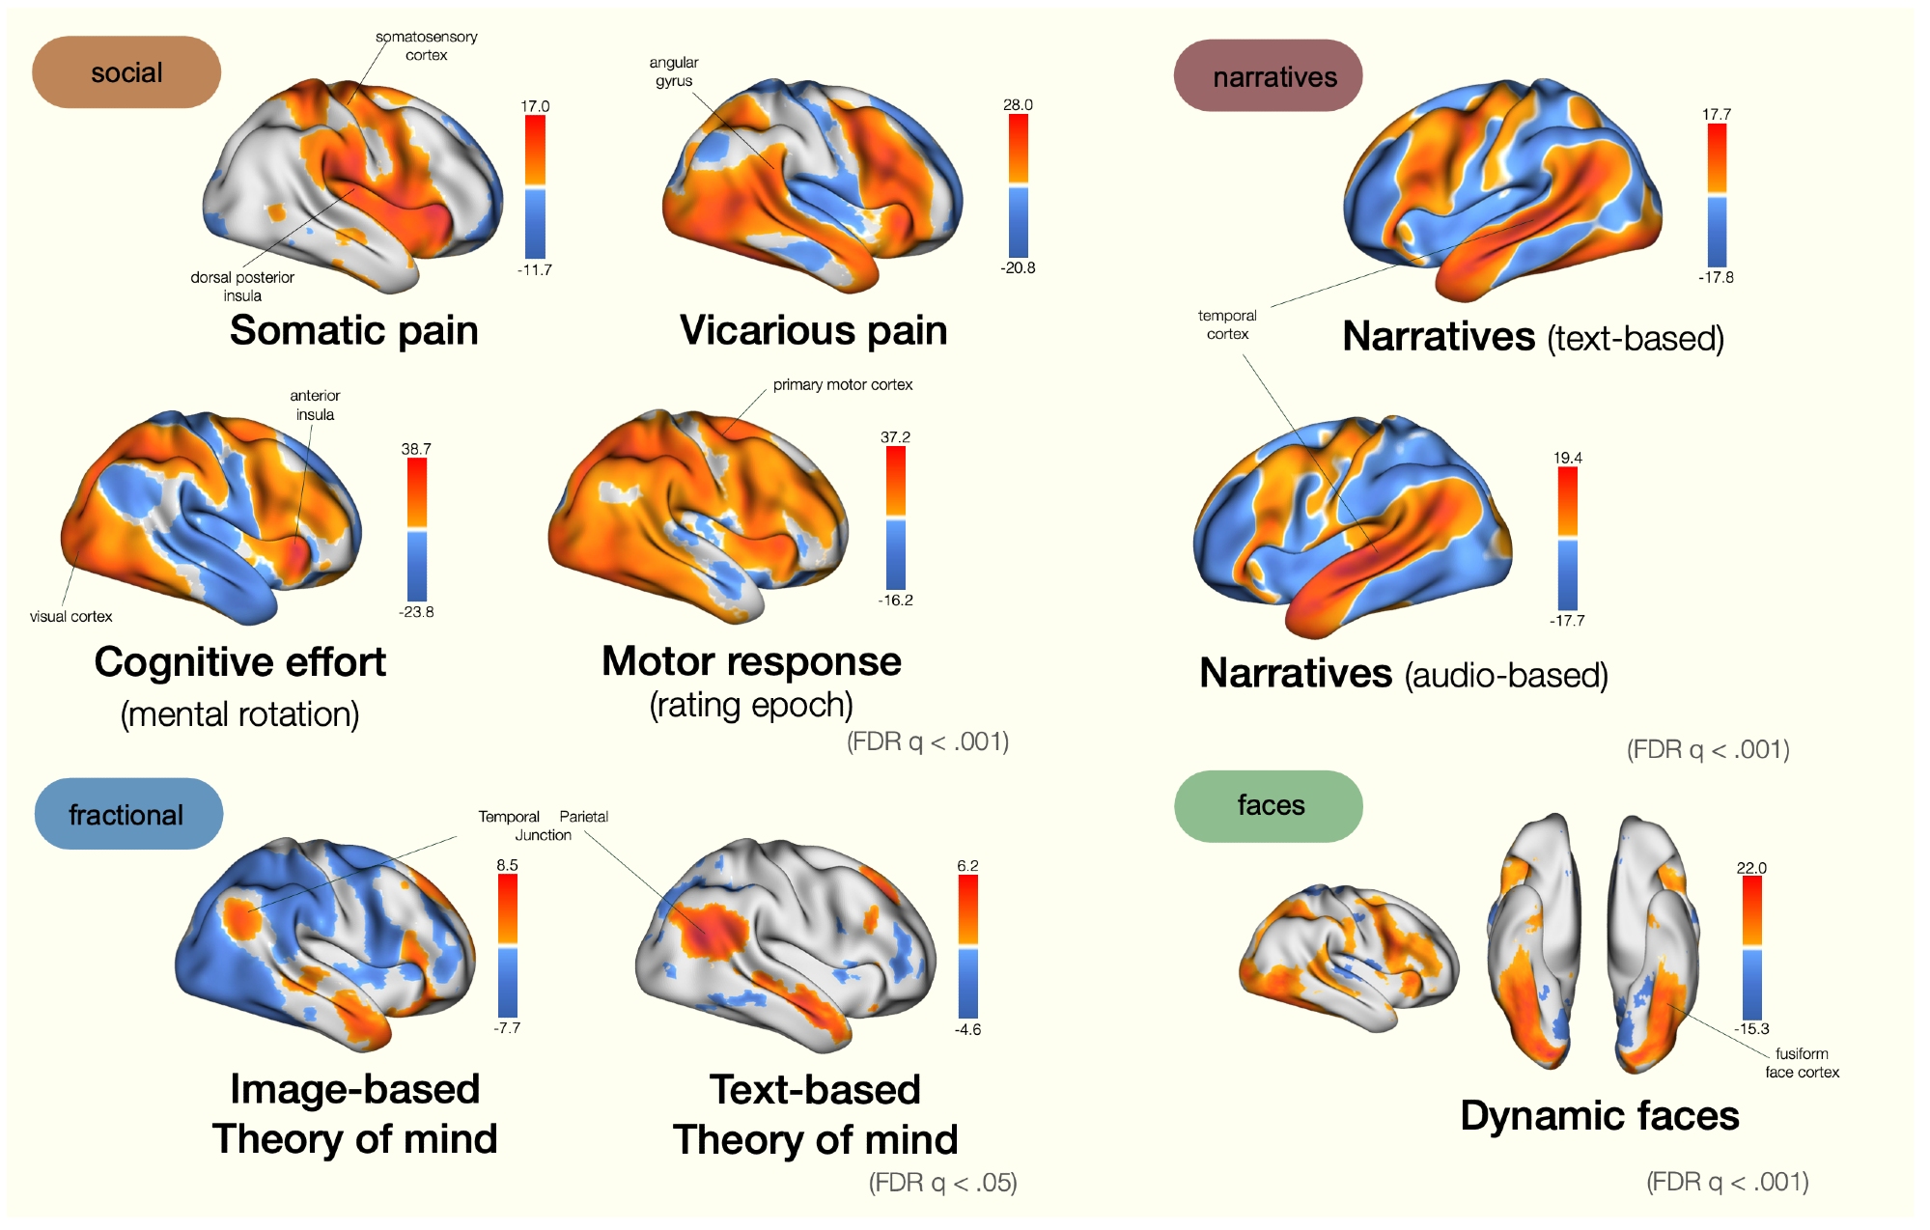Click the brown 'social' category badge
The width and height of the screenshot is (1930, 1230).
tap(126, 72)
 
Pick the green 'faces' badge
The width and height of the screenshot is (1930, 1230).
tap(1269, 805)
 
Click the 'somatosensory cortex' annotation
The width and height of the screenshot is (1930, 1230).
tap(427, 45)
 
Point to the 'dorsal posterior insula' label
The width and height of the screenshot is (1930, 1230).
tap(242, 286)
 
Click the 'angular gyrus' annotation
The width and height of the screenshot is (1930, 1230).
tap(674, 71)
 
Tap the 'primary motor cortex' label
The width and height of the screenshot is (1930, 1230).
tap(842, 384)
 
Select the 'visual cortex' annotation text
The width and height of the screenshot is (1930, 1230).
tap(70, 616)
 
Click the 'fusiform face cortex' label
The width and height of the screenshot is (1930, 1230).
tap(1802, 1062)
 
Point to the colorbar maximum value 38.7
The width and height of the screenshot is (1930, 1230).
tap(416, 449)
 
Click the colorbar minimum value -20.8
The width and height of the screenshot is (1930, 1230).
tap(1018, 267)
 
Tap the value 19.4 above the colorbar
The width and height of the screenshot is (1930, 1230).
tap(1567, 458)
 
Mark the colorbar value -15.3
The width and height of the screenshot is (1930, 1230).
tap(1751, 1028)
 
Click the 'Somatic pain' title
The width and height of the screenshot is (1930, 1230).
tap(353, 330)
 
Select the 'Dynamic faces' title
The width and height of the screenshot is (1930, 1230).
tap(1599, 1115)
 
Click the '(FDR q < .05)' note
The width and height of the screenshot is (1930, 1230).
tap(942, 1182)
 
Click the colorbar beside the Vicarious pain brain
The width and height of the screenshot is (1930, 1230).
tap(1018, 185)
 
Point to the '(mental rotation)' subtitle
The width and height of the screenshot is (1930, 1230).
tap(239, 714)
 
